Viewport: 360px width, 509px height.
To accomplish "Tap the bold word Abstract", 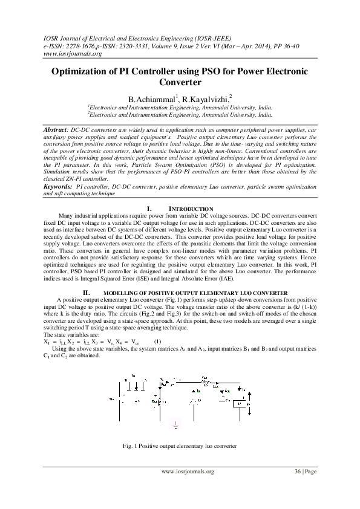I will [55, 130].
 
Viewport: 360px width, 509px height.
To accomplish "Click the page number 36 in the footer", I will [298, 471].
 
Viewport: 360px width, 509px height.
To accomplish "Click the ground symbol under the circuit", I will [176, 424].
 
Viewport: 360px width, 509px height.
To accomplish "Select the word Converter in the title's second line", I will [180, 82].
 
